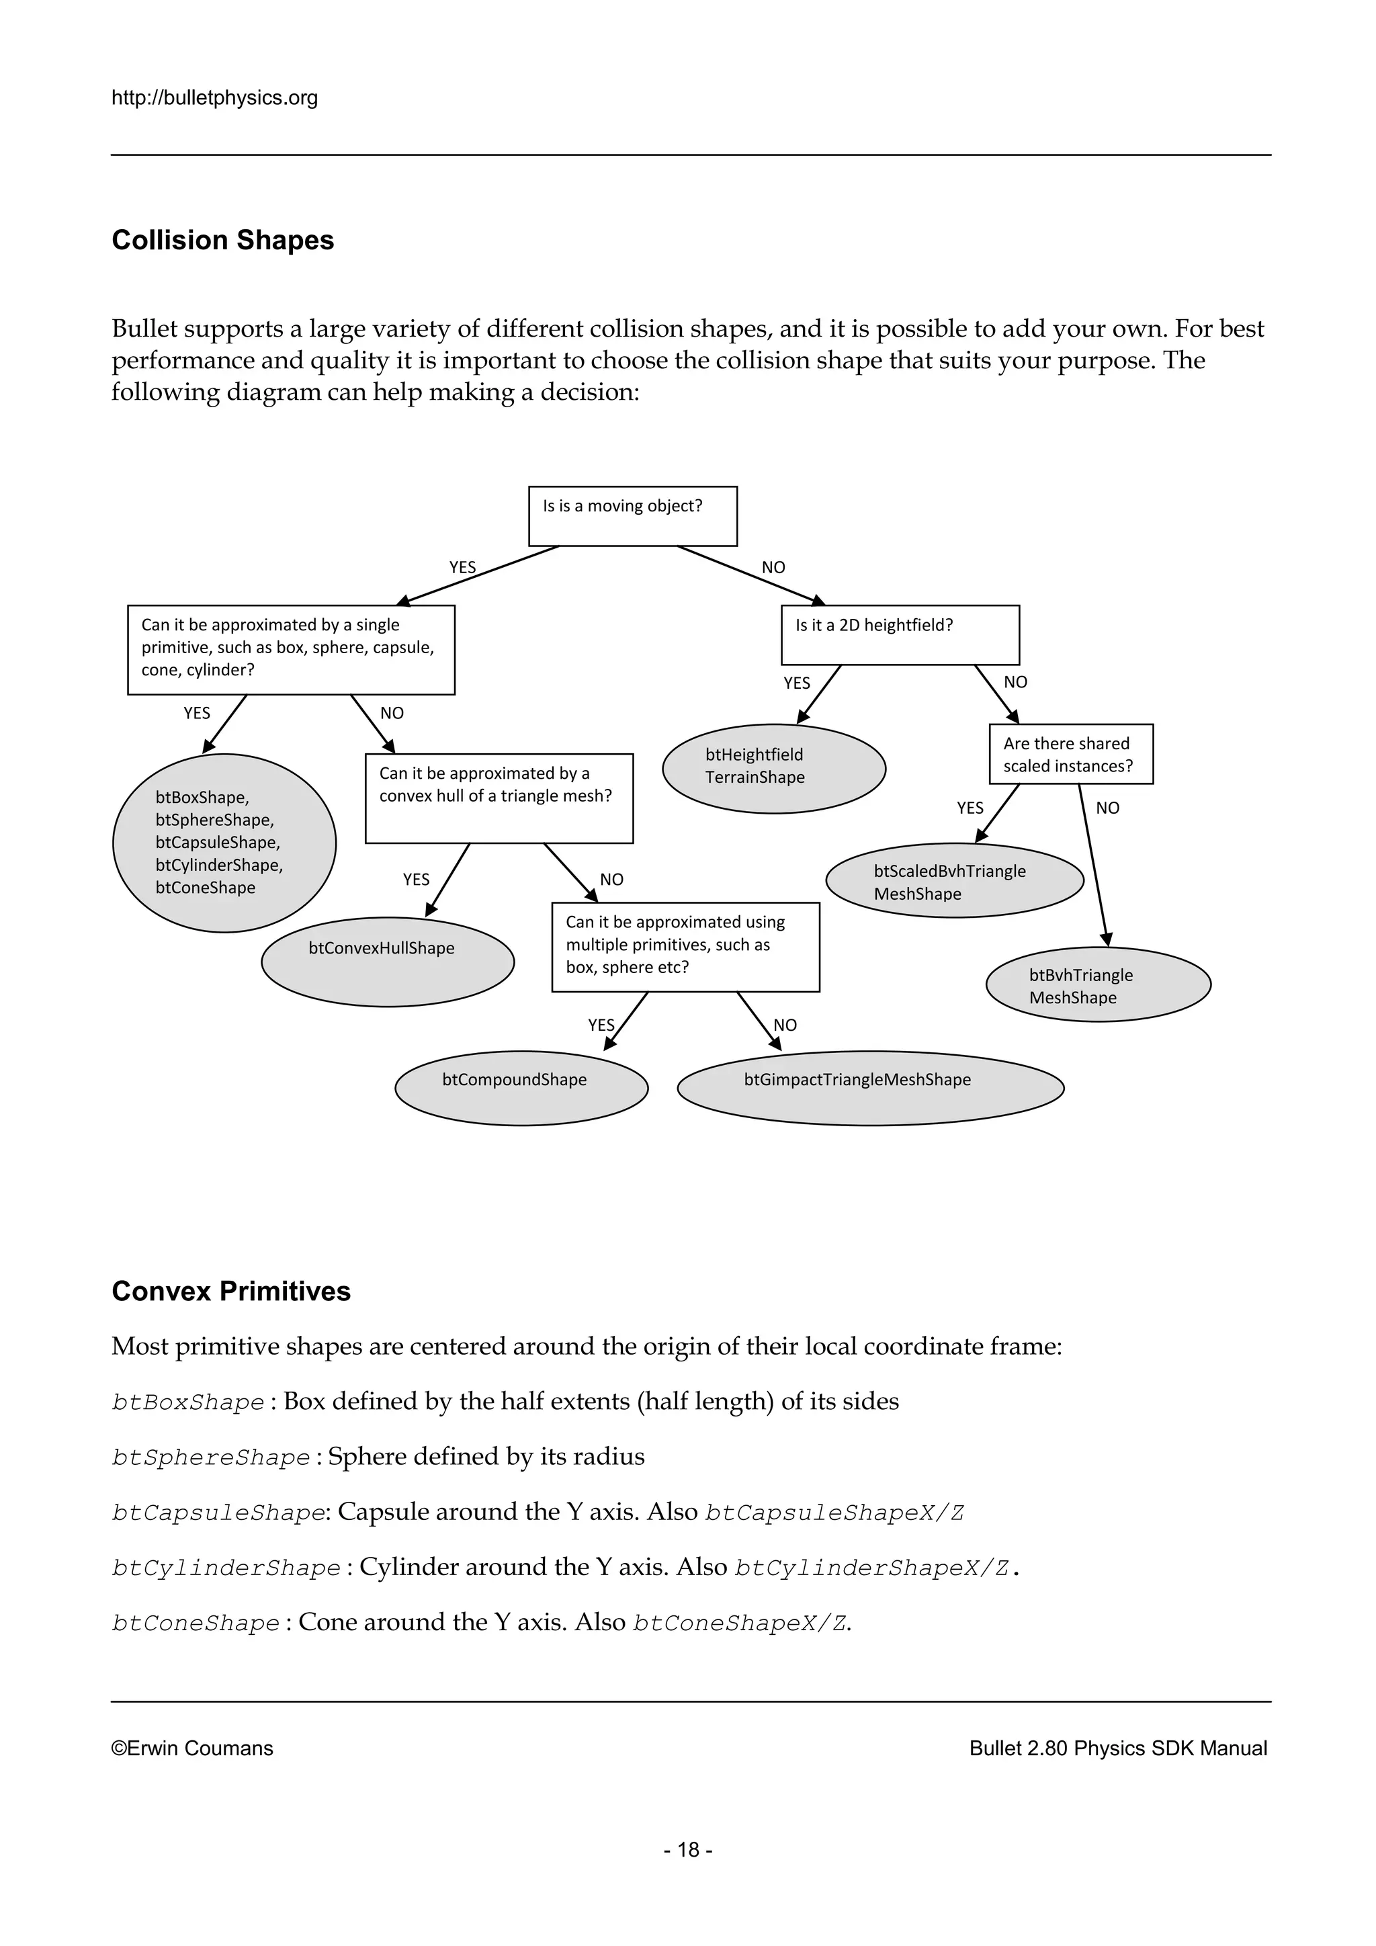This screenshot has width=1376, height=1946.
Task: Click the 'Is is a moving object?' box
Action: point(632,515)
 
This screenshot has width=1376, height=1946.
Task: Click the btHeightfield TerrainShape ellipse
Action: point(773,768)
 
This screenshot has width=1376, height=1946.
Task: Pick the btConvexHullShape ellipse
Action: point(387,961)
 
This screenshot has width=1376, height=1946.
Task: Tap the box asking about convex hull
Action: point(499,798)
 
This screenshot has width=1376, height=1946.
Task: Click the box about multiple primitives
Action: point(685,946)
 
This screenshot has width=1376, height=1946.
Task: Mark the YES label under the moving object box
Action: point(462,567)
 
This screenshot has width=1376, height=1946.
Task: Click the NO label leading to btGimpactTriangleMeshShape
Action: point(785,1025)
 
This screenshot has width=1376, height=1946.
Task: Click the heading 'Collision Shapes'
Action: point(223,240)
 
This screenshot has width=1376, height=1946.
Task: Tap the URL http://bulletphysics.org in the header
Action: point(214,97)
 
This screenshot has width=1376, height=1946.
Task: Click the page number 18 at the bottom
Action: point(688,1849)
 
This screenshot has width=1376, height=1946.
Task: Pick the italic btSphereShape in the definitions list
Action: point(211,1457)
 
